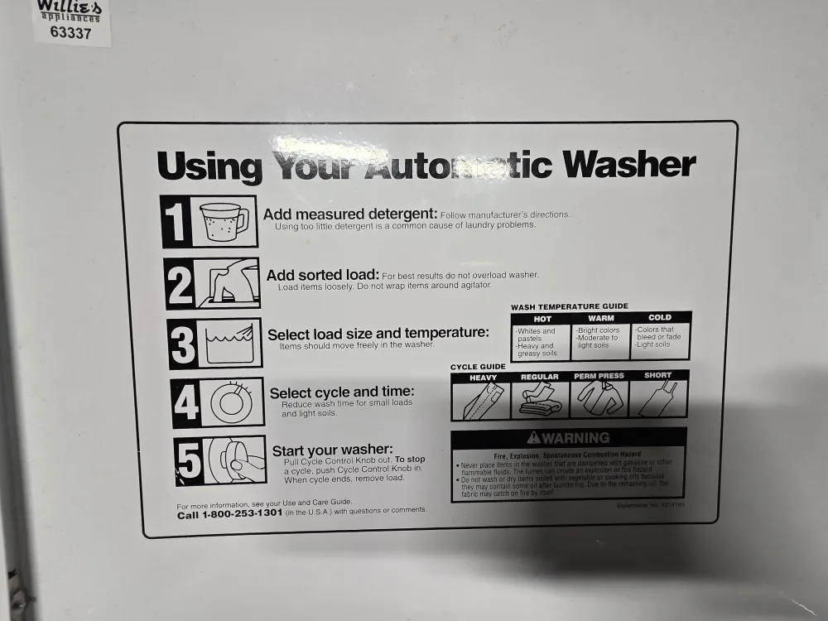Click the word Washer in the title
[x=628, y=165]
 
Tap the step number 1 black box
[x=174, y=221]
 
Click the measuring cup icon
[x=224, y=222]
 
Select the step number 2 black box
[x=179, y=284]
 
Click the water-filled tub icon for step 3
[x=229, y=343]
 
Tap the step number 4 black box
[x=186, y=403]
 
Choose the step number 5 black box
[x=190, y=460]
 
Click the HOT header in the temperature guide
[x=542, y=318]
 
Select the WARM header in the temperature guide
[x=601, y=318]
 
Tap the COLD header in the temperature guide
[x=660, y=317]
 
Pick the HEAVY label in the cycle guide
[x=483, y=378]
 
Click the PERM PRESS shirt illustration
[x=597, y=399]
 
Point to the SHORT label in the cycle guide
[x=658, y=376]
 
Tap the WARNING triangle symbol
[x=533, y=438]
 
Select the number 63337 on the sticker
[x=70, y=34]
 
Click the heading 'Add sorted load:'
[x=322, y=275]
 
